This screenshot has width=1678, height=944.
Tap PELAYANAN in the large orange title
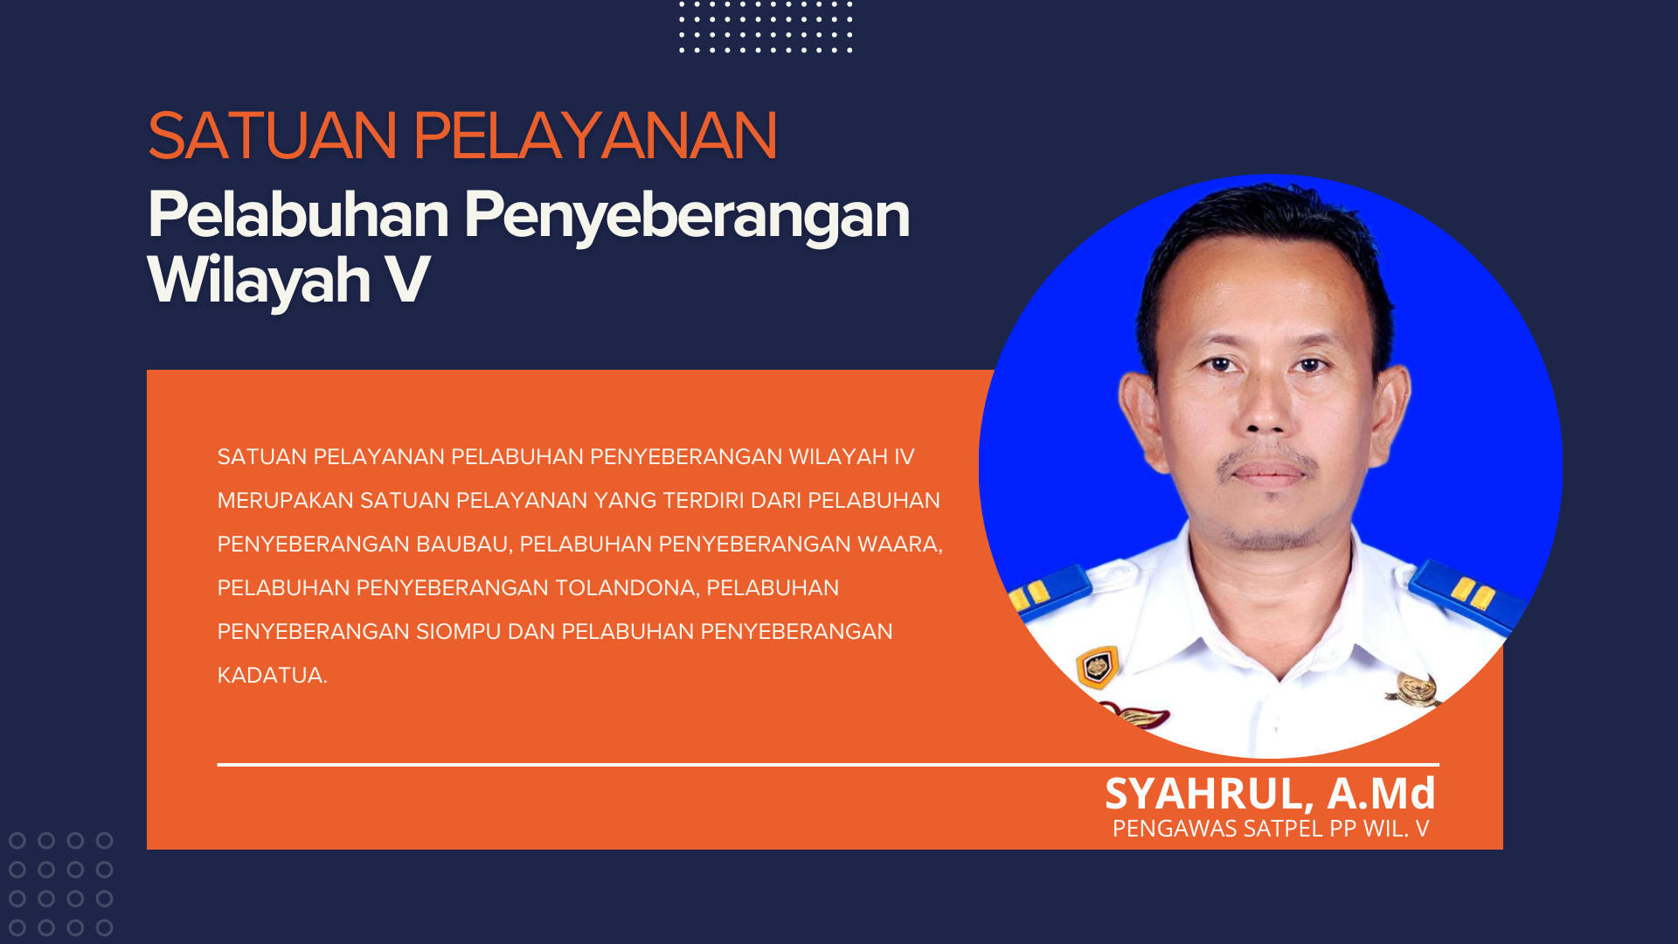tap(594, 135)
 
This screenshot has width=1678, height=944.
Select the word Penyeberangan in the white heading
tap(687, 216)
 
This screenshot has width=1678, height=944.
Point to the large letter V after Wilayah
tap(407, 280)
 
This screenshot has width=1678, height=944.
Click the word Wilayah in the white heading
tap(260, 281)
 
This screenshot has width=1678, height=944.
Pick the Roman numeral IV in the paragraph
tap(904, 457)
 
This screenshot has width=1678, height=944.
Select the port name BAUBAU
tap(463, 545)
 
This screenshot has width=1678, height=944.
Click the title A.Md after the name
tap(1382, 793)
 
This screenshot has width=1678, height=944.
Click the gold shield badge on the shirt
tap(1098, 667)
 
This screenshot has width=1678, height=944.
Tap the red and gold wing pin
tap(1136, 714)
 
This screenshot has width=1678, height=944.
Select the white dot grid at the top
tap(766, 27)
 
